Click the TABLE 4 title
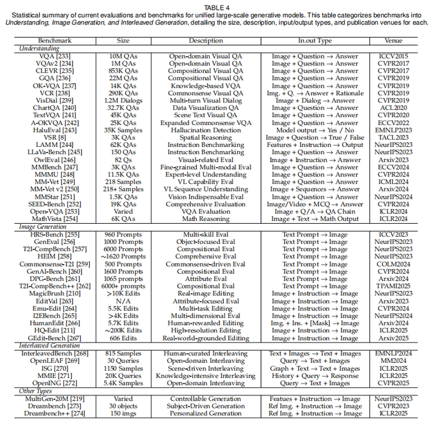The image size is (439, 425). (x=220, y=5)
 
